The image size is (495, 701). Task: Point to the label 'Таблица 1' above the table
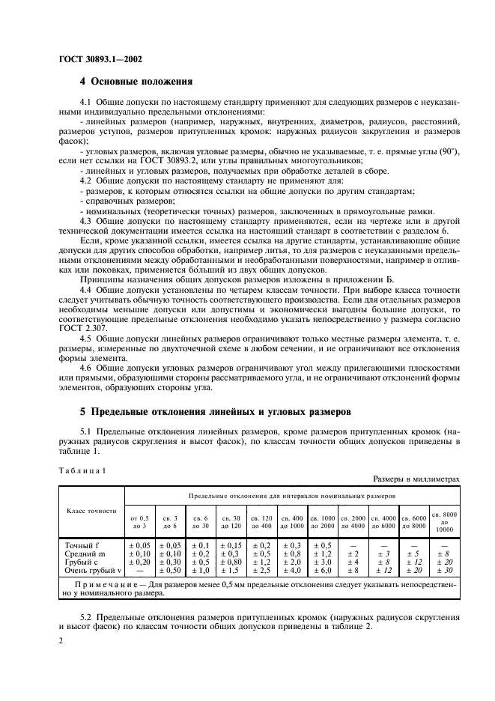(82, 470)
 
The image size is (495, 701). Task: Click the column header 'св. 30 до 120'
(231, 521)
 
